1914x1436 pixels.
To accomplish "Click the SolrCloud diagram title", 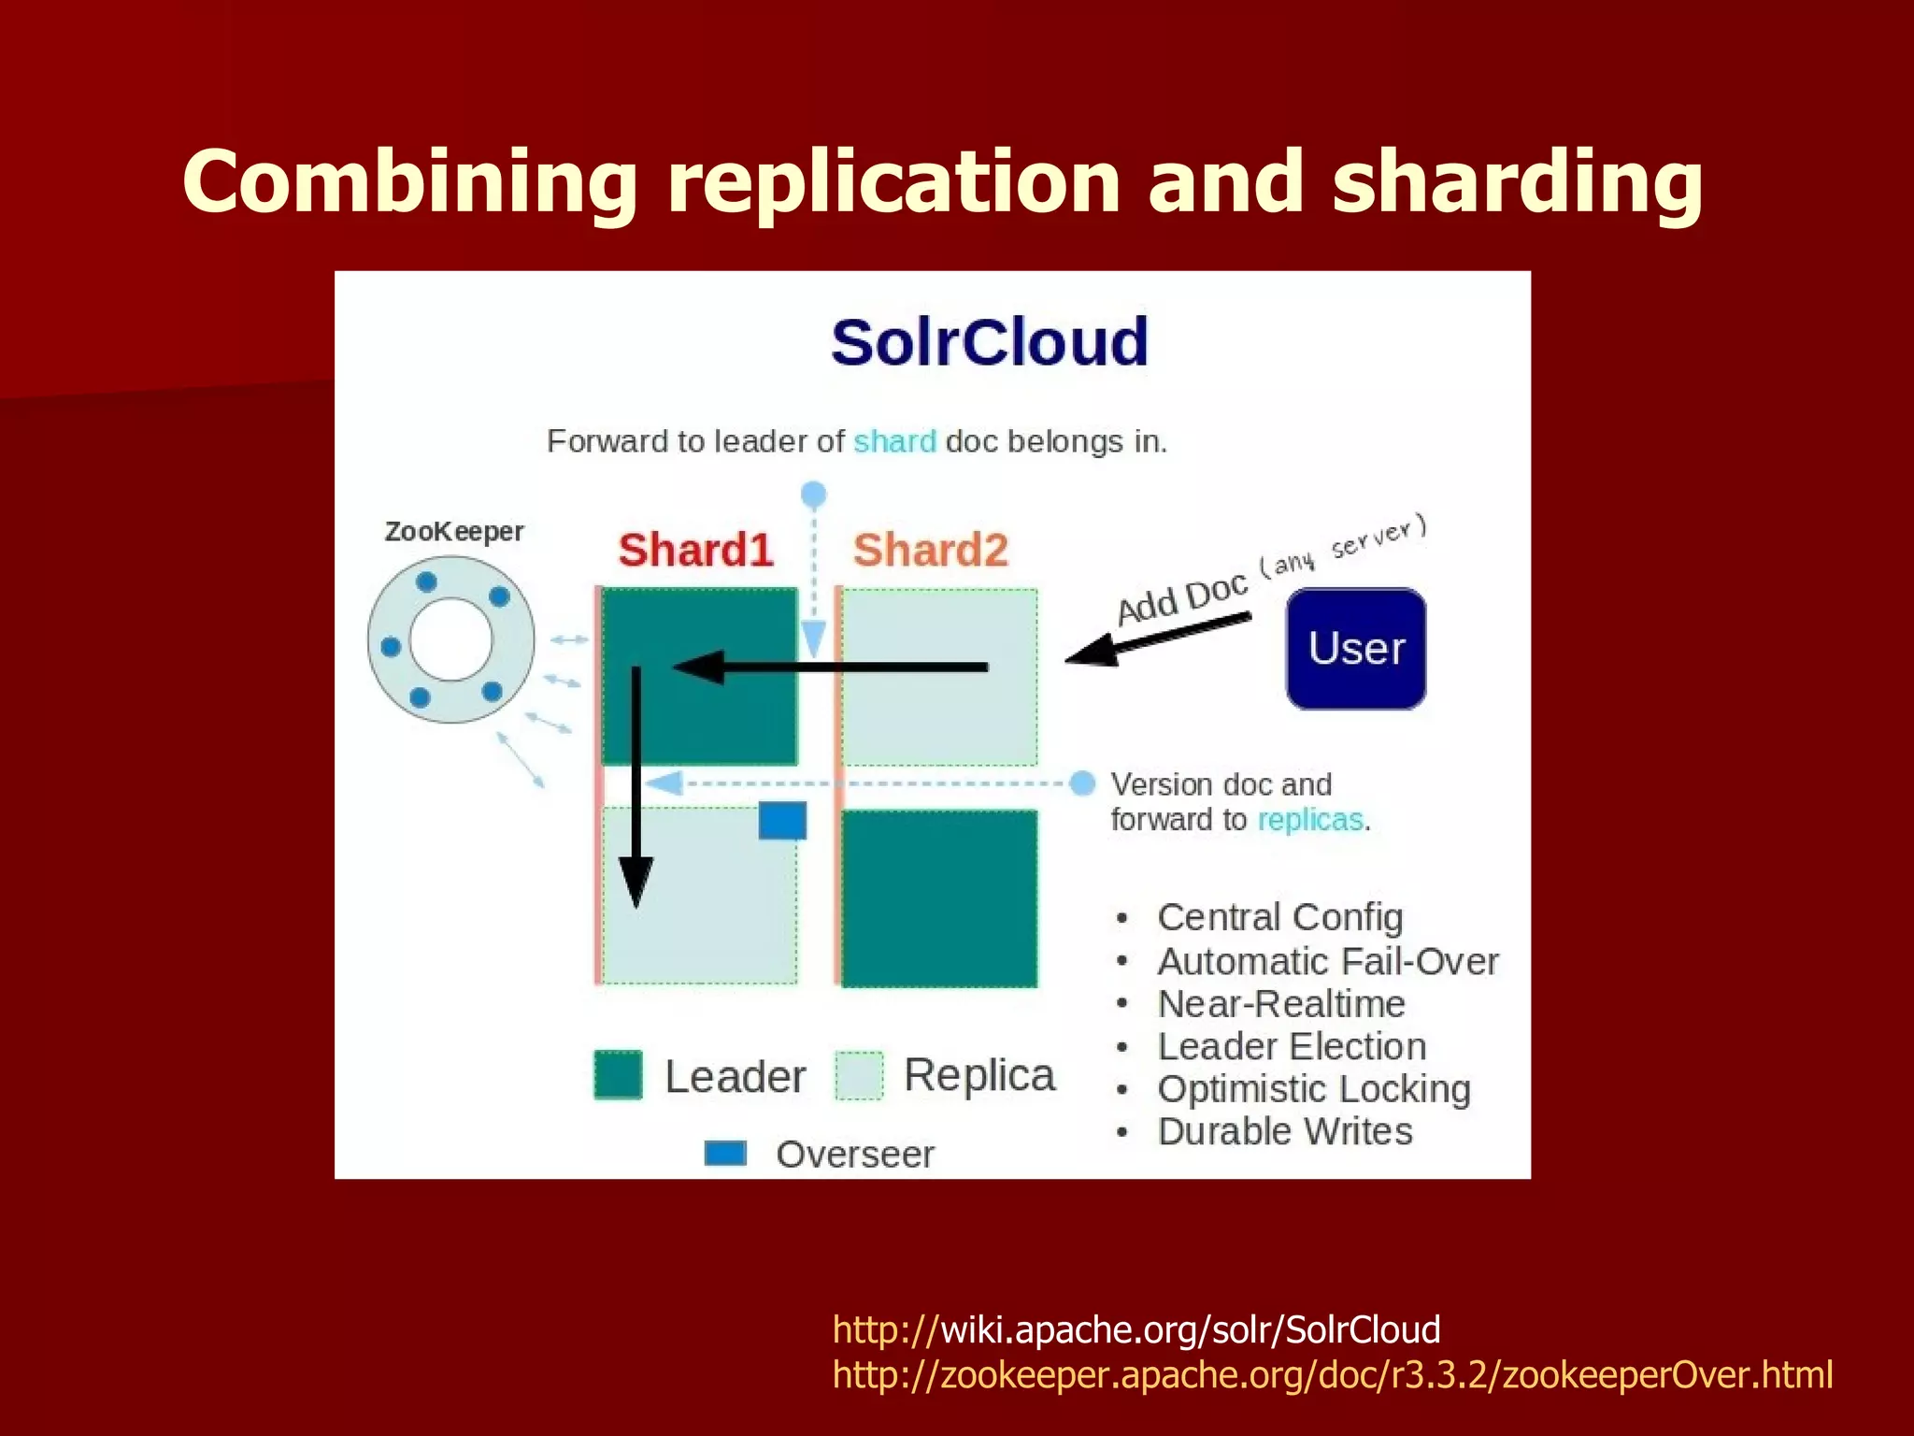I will (989, 342).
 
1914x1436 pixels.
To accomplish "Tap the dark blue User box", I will (1356, 648).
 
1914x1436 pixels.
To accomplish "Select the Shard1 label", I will (695, 550).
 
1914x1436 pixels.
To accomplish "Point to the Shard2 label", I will (930, 550).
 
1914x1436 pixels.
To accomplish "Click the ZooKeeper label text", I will (454, 531).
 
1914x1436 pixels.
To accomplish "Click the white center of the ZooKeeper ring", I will (450, 639).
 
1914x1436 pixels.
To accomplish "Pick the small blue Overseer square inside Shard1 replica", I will (782, 820).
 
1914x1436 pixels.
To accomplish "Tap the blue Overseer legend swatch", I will (725, 1153).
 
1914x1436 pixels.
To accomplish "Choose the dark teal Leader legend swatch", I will (618, 1075).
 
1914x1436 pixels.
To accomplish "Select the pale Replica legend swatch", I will (859, 1075).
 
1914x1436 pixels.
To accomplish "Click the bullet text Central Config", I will (1279, 917).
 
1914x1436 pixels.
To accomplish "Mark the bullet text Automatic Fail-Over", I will (1327, 961).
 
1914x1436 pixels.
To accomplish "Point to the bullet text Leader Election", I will (1292, 1046).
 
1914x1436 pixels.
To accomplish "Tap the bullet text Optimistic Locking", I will (1313, 1089).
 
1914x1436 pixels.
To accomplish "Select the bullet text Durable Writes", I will (1285, 1131).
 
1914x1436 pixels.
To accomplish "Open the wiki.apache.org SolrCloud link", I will (1136, 1329).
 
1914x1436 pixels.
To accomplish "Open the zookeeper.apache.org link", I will (1332, 1374).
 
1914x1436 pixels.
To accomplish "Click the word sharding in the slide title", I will (1516, 181).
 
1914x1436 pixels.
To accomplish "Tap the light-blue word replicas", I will (1309, 820).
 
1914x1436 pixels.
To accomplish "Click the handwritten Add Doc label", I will (1182, 597).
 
